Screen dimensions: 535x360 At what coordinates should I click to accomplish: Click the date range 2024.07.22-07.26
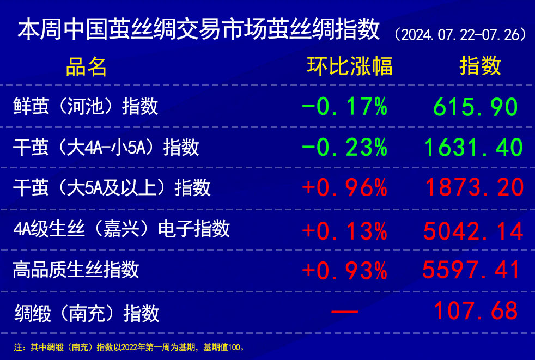coord(460,35)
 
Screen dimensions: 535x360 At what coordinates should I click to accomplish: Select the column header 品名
coord(86,66)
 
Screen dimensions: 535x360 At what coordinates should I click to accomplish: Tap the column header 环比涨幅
coord(350,66)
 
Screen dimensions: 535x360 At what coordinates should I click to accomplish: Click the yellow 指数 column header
coord(481,66)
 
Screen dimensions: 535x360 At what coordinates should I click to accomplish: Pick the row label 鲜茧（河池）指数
coord(86,106)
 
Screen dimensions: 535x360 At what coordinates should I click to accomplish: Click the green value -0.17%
coord(345,107)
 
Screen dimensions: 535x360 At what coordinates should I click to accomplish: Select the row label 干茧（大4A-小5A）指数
coord(106,147)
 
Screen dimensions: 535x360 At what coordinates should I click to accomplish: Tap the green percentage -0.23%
coord(345,148)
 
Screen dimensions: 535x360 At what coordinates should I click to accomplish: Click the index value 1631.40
coord(473,148)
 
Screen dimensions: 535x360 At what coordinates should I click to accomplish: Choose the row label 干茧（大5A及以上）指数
coord(112,187)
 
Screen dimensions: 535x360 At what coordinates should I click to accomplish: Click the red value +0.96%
coord(345,187)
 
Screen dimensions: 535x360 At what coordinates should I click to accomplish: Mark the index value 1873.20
coord(475,187)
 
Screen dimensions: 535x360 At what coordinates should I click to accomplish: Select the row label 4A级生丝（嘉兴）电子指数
coord(121,228)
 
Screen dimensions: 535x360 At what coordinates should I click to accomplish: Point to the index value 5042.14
coord(473,231)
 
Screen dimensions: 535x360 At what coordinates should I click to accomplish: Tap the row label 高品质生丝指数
coord(76,269)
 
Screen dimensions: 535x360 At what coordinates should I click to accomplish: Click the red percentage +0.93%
coord(345,271)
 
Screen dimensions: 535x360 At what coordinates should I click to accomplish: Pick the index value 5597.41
coord(472,270)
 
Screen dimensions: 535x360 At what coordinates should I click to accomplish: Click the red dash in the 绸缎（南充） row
coord(345,312)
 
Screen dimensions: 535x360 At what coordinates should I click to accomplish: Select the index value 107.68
coord(476,311)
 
